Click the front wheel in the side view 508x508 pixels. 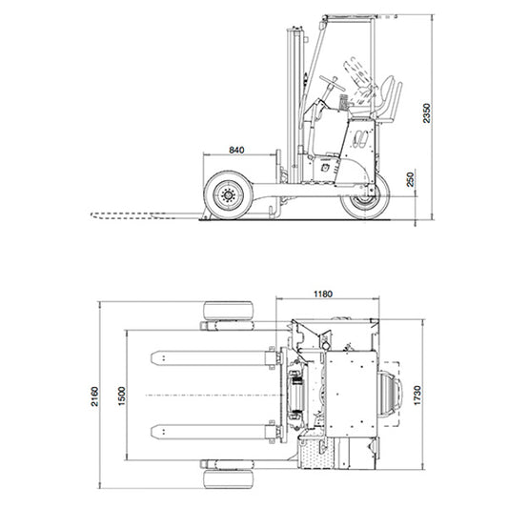[x=229, y=196]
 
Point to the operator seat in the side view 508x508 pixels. [x=386, y=100]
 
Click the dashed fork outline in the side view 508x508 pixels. [x=143, y=215]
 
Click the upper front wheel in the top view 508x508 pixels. [x=228, y=314]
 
